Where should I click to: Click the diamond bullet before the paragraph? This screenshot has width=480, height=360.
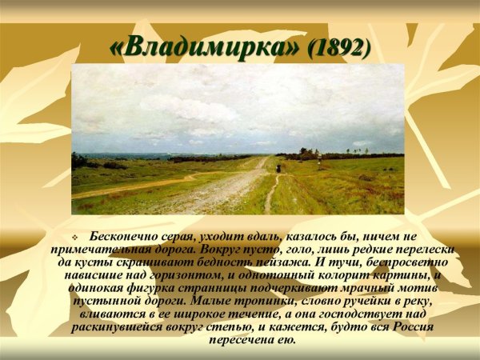pos(74,238)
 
